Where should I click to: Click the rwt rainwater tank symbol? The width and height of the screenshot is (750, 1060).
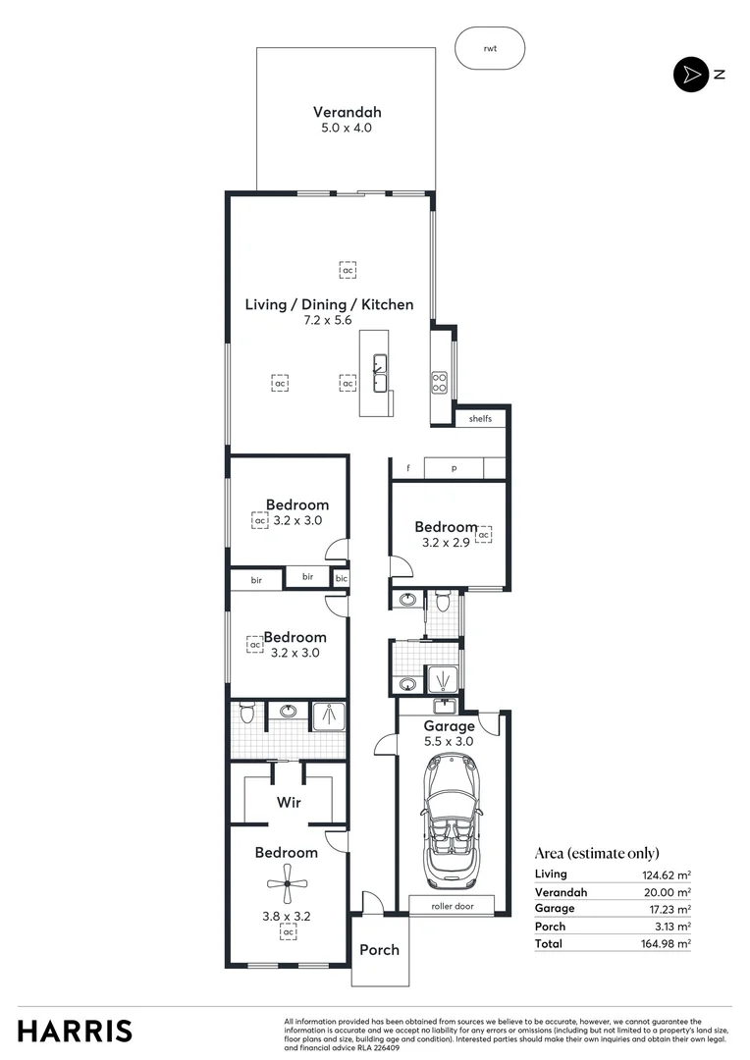[x=490, y=48]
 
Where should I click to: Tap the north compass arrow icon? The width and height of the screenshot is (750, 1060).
[x=690, y=75]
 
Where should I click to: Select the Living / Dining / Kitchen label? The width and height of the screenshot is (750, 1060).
[x=329, y=304]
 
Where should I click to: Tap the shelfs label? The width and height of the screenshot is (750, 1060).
[x=480, y=418]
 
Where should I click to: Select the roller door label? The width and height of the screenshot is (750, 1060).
[x=453, y=906]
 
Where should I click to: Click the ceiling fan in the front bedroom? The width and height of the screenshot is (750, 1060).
[x=288, y=886]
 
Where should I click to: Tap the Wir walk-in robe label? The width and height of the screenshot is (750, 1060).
[x=288, y=802]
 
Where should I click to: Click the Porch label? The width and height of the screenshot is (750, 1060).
[x=379, y=949]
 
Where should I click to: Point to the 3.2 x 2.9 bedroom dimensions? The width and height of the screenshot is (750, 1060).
[x=446, y=542]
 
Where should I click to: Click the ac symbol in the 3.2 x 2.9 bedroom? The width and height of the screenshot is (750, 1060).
[x=483, y=534]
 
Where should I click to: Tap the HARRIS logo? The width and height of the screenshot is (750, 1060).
[x=75, y=1031]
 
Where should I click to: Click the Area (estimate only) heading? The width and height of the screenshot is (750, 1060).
[x=597, y=853]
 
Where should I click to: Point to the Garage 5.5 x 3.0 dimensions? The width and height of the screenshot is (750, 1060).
[x=450, y=742]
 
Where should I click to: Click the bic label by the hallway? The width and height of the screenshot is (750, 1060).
[x=341, y=579]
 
